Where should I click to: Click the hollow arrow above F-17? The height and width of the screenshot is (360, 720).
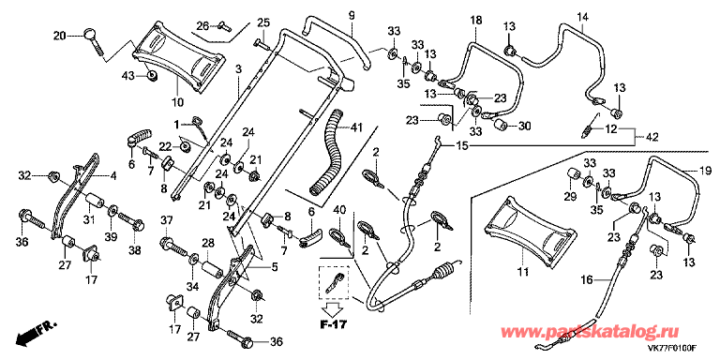tap(333, 308)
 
